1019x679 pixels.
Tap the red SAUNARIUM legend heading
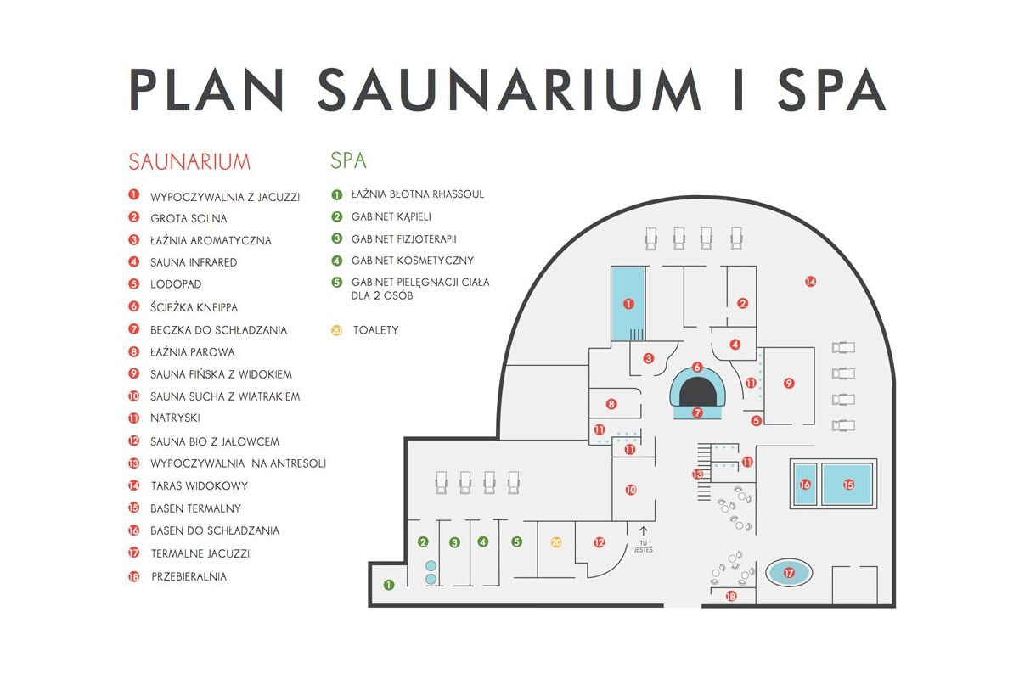click(189, 161)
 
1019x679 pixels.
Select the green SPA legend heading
click(348, 160)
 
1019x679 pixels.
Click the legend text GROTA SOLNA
click(189, 218)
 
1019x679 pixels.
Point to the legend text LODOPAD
click(176, 284)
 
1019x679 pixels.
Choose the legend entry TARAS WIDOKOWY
click(199, 486)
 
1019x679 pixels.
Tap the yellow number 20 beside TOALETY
click(336, 329)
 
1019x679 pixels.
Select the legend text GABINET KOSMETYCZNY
click(412, 261)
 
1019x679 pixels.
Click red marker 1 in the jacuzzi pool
click(628, 303)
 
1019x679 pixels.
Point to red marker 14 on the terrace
click(810, 281)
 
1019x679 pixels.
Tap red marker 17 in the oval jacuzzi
click(789, 574)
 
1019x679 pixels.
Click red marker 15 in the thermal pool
click(847, 485)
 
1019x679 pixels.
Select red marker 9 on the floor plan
click(789, 384)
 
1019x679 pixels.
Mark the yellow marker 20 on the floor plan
click(556, 542)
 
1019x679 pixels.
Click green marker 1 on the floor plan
click(389, 584)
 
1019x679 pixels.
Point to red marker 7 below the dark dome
click(697, 413)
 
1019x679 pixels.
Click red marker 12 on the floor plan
click(599, 542)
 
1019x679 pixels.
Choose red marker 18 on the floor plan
click(731, 597)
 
